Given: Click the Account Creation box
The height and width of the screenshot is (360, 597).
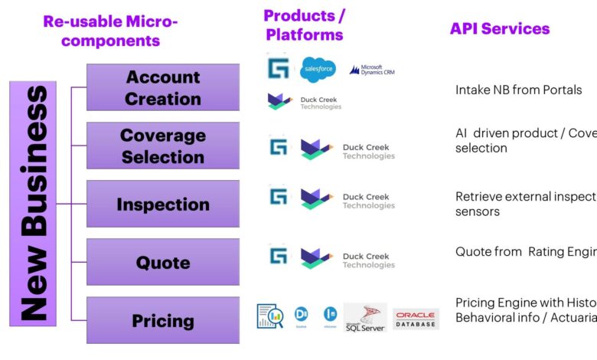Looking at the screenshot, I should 162,87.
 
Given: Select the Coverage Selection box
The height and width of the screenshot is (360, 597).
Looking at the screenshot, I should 162,146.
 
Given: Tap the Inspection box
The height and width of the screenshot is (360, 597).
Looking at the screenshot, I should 162,204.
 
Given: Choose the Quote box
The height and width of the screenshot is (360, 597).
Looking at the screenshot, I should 162,262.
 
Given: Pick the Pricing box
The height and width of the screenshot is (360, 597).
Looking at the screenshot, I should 162,320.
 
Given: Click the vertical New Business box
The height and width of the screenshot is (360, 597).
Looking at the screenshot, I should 33,204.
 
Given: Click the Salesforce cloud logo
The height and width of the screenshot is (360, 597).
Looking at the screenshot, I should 318,69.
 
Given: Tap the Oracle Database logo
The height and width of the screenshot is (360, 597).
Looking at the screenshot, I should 416,319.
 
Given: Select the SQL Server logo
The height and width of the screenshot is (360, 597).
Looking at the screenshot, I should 365,317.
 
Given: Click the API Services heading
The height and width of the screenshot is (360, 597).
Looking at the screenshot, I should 499,28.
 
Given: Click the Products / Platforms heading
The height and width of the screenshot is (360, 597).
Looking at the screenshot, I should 303,25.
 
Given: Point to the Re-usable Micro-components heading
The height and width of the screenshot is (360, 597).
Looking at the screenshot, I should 110,31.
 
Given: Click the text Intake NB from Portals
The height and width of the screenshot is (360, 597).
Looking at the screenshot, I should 518,90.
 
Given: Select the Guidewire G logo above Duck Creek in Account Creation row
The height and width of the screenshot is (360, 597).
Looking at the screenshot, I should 277,67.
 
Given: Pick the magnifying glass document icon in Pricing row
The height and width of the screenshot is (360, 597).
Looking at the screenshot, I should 269,316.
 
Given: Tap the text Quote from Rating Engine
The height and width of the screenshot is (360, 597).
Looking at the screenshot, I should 525,251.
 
